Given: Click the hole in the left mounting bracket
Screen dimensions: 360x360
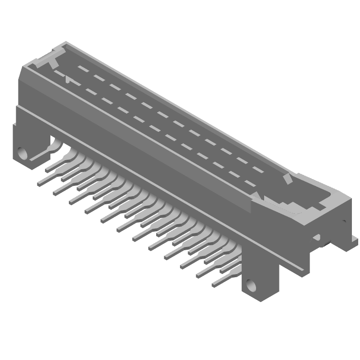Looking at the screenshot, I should pos(22,153).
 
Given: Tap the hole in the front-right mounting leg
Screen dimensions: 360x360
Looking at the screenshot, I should pos(251,284).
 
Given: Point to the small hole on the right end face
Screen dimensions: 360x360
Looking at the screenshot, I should pos(344,221).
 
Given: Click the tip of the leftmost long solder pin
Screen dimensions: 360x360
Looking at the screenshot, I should pos(39,184).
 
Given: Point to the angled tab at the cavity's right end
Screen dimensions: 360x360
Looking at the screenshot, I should pos(287,180).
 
